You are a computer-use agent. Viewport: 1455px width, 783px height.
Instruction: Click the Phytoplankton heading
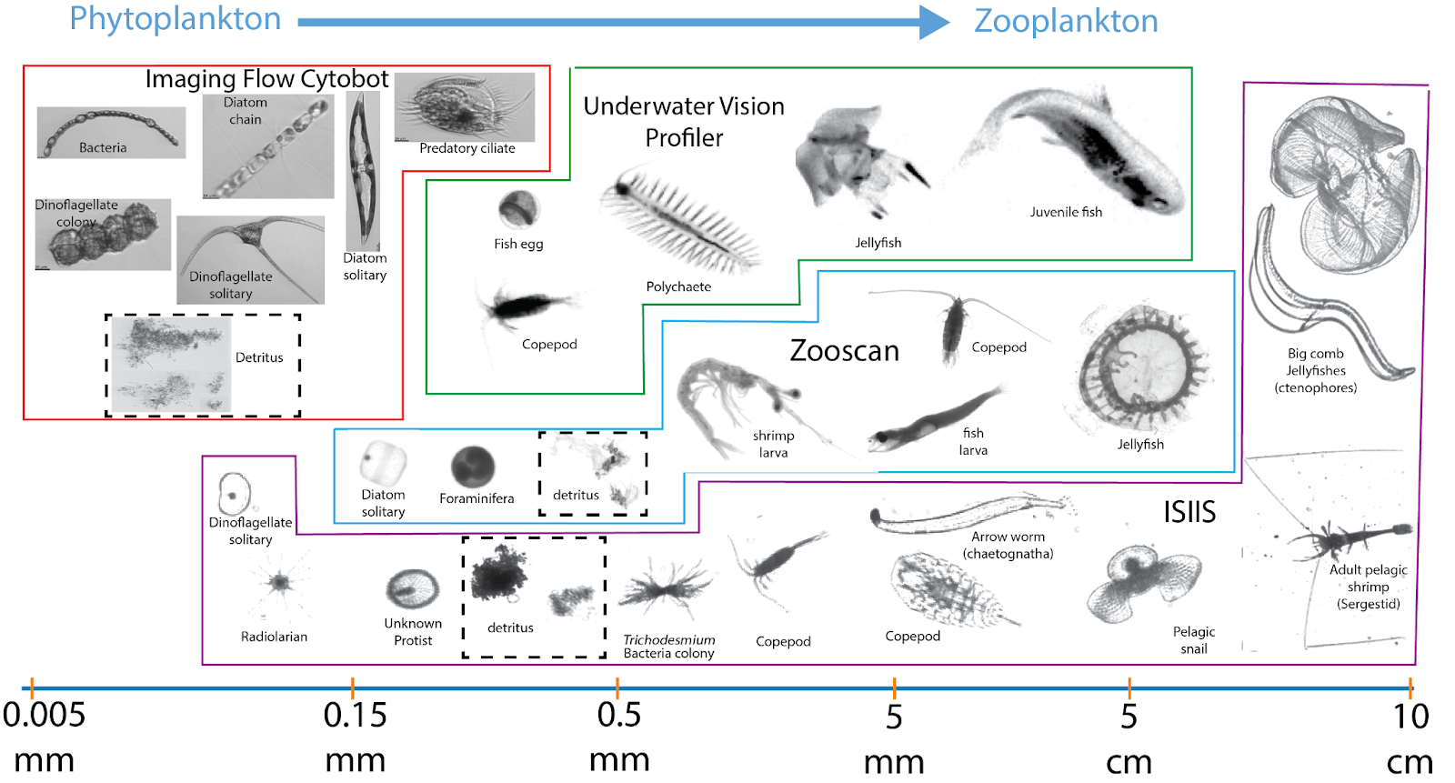(176, 19)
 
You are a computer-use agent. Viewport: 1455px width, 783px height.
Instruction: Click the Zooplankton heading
(1066, 21)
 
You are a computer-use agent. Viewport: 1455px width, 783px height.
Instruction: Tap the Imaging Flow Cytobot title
(266, 79)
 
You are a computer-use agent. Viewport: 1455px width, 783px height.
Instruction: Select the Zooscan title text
(844, 351)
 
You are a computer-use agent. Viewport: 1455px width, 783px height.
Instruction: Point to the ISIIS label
(1189, 512)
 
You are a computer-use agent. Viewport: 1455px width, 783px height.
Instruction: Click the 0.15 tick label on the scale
(355, 716)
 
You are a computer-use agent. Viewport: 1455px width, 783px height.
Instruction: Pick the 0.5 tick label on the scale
(618, 716)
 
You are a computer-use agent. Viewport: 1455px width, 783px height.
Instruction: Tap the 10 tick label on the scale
(1410, 717)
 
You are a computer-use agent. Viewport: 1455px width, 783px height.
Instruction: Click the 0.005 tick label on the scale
(44, 716)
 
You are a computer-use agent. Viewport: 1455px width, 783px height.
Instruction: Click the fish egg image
(518, 210)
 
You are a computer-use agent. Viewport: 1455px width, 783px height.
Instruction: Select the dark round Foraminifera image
(473, 467)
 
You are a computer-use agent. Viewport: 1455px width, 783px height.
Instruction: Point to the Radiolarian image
(277, 583)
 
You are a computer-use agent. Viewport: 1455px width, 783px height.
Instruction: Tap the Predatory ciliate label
(467, 148)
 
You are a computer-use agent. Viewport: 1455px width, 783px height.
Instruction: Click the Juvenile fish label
(1066, 212)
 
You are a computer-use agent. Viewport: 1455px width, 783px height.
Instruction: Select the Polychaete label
(678, 286)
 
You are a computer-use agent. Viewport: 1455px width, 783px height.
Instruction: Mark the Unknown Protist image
(412, 588)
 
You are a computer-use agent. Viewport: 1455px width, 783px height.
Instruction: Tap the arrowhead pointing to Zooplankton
(934, 22)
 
